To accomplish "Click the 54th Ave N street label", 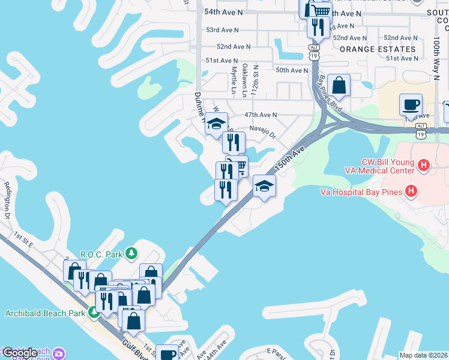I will pyautogui.click(x=223, y=12).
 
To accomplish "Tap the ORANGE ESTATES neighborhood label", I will pyautogui.click(x=378, y=49).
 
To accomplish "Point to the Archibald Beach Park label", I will pyautogui.click(x=46, y=313).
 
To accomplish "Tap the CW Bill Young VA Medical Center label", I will pyautogui.click(x=388, y=166).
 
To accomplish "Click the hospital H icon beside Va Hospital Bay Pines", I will pyautogui.click(x=411, y=192).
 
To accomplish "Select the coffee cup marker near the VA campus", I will pyautogui.click(x=411, y=104).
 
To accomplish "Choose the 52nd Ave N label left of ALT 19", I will pyautogui.click(x=234, y=46).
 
